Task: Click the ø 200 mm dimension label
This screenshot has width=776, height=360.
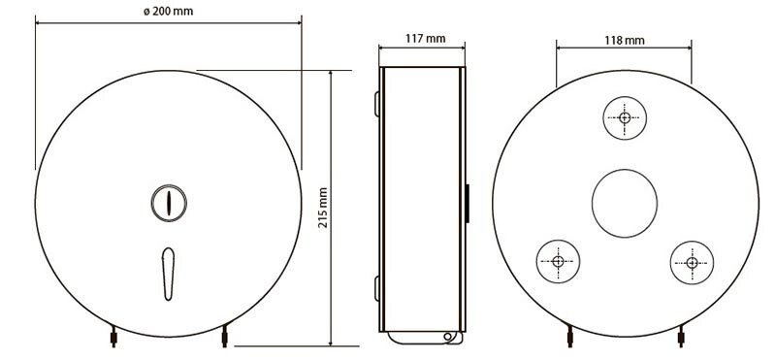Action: (168, 11)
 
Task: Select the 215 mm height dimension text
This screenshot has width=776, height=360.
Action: (323, 208)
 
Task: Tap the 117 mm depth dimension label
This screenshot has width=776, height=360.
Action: (425, 38)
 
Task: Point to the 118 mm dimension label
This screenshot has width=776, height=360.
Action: (625, 40)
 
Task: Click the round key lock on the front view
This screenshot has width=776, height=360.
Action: (169, 203)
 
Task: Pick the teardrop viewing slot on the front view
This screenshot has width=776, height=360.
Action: (168, 274)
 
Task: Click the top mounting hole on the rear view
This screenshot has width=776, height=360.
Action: (625, 117)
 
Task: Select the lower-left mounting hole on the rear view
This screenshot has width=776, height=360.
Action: (558, 261)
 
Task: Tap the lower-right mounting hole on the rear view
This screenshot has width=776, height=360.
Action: (692, 262)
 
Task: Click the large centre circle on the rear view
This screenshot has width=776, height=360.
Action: (625, 203)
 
